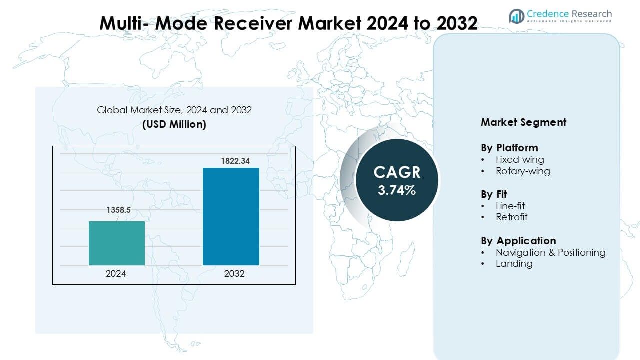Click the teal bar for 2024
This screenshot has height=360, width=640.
(117, 243)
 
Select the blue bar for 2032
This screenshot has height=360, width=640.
(231, 216)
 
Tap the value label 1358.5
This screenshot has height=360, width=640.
(118, 211)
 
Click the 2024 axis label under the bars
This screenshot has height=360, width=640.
(116, 274)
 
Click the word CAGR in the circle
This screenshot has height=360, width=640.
(397, 172)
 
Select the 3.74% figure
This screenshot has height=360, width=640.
(397, 190)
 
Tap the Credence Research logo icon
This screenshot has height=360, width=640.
(516, 16)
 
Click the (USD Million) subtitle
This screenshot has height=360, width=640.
(174, 124)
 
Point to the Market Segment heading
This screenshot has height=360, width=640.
(523, 122)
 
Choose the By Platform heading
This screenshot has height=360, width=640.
(509, 148)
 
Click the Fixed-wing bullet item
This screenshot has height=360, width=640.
(520, 160)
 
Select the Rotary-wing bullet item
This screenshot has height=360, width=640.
(523, 171)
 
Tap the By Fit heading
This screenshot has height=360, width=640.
(494, 194)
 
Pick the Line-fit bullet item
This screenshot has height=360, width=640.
(510, 206)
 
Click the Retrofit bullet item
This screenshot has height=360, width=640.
(511, 217)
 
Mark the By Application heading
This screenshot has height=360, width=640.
(518, 241)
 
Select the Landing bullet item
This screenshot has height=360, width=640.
(514, 263)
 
